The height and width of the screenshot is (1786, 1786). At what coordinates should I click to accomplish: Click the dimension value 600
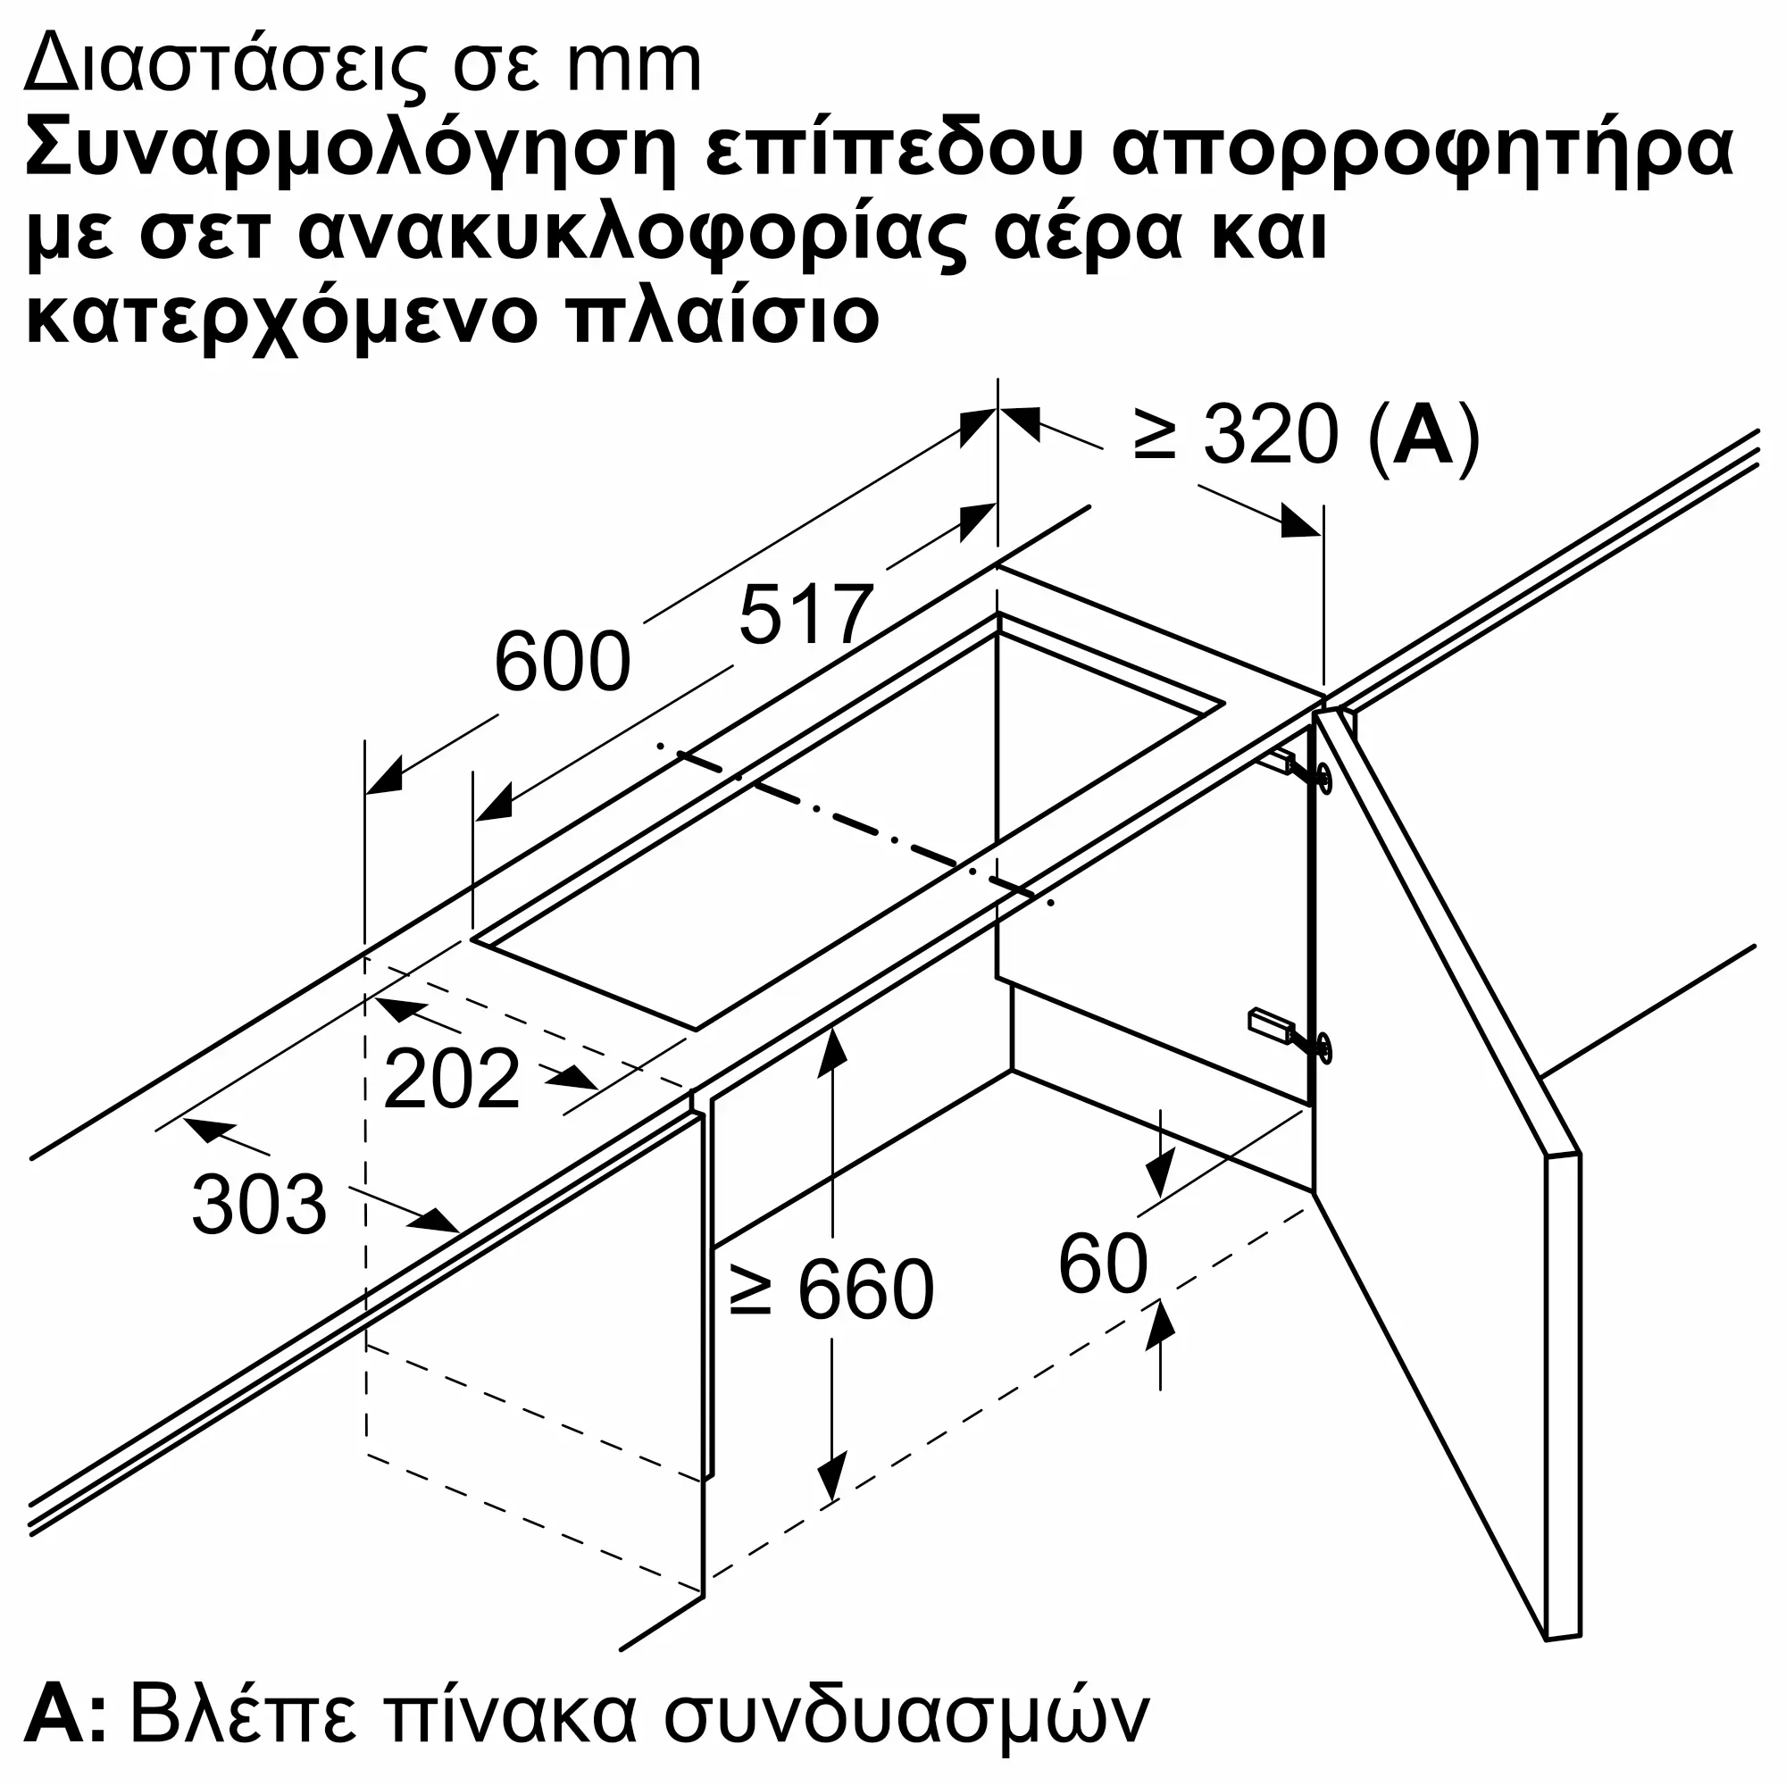562,662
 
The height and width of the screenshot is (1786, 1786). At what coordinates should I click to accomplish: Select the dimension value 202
451,1078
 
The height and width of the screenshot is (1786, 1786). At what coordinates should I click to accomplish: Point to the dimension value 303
259,1206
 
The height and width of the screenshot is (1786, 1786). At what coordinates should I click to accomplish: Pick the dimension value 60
1103,1264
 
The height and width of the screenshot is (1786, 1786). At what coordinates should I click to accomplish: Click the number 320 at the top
1270,435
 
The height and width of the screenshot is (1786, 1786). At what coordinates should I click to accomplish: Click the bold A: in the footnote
64,1715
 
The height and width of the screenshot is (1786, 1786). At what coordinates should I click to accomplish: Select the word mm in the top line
634,67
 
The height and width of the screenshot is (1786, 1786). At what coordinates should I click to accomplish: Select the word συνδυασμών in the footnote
906,1715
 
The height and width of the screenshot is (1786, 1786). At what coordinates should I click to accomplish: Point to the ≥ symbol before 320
1155,435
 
